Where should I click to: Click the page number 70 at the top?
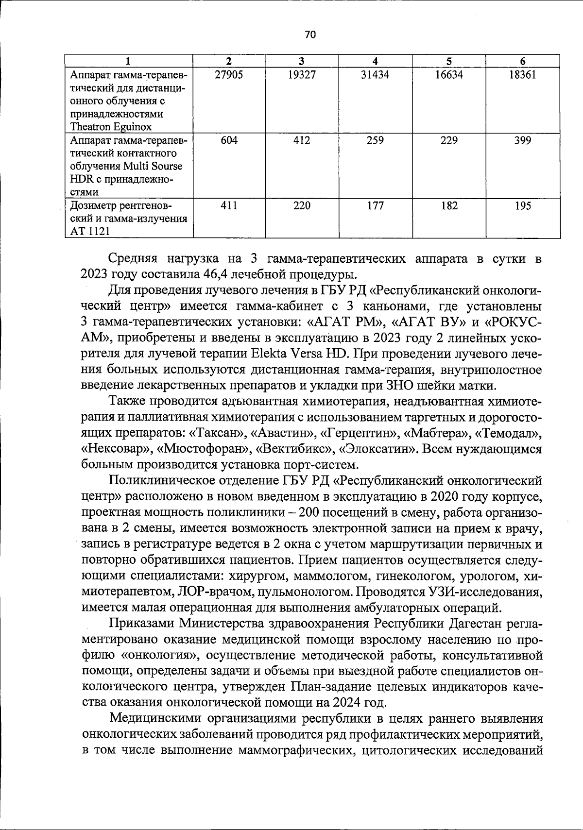310,34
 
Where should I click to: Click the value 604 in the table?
229,140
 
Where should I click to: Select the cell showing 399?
523,140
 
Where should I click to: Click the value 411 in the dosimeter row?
229,205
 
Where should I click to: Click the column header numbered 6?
523,61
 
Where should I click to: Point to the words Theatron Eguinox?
111,127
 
